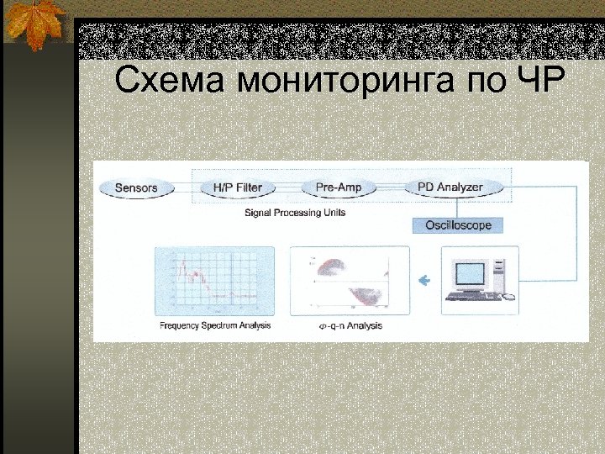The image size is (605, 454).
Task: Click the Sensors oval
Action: (x=136, y=187)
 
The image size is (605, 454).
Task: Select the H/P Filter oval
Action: (x=238, y=187)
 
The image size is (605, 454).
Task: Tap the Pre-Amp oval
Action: (x=339, y=187)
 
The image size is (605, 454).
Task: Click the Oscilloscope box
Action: (x=458, y=225)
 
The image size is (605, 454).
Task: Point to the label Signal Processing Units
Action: (x=295, y=213)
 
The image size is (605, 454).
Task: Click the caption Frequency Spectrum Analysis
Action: (x=215, y=325)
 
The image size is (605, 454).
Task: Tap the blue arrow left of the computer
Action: (x=424, y=280)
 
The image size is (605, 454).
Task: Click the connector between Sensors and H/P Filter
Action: (x=187, y=187)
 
